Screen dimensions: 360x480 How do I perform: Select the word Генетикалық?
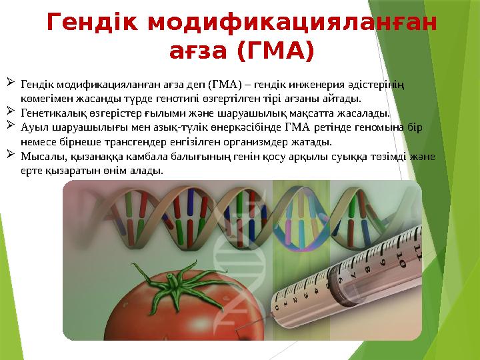[51, 113]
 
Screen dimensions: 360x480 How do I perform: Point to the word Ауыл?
[33, 127]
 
